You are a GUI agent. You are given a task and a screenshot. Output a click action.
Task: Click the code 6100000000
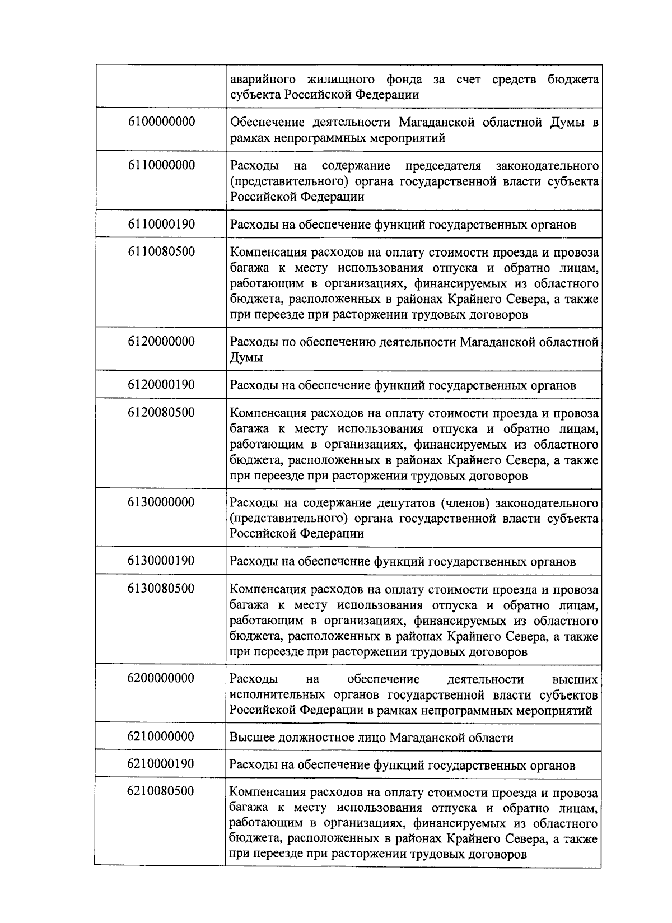[161, 122]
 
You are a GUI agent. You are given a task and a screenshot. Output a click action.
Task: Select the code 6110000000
[161, 165]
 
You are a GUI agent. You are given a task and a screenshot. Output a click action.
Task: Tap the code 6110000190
[161, 224]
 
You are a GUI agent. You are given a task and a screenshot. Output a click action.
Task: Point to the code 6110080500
[161, 251]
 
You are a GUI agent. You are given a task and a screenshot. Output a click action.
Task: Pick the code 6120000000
[161, 341]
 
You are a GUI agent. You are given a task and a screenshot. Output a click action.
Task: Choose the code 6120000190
[161, 385]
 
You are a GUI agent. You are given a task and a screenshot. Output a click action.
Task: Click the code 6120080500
[161, 412]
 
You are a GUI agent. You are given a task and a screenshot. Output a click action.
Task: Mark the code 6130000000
[161, 502]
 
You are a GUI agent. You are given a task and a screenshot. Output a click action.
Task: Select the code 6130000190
[161, 561]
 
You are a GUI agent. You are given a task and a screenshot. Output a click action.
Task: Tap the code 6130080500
[161, 588]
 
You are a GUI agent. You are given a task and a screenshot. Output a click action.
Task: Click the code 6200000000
[161, 678]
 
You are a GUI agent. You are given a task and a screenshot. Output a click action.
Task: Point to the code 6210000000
[161, 736]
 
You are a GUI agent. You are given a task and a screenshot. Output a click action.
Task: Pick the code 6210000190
[161, 764]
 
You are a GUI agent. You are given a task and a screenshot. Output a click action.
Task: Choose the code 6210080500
[161, 791]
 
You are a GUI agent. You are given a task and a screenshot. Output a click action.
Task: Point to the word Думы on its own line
[246, 357]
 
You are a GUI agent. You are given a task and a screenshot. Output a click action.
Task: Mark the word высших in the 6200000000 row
[575, 679]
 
